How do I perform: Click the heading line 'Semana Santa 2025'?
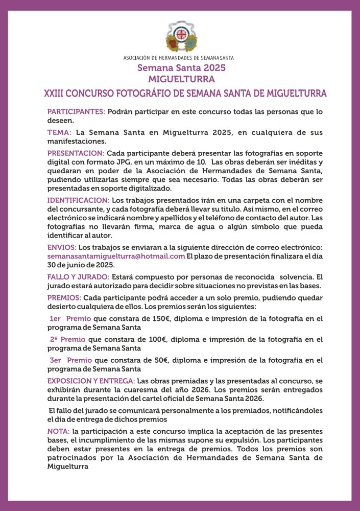181,68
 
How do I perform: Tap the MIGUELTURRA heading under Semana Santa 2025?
181,79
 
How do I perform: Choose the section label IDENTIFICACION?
78,200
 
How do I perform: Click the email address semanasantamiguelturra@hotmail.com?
116,255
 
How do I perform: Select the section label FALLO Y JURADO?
78,277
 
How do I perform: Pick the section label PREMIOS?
64,297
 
